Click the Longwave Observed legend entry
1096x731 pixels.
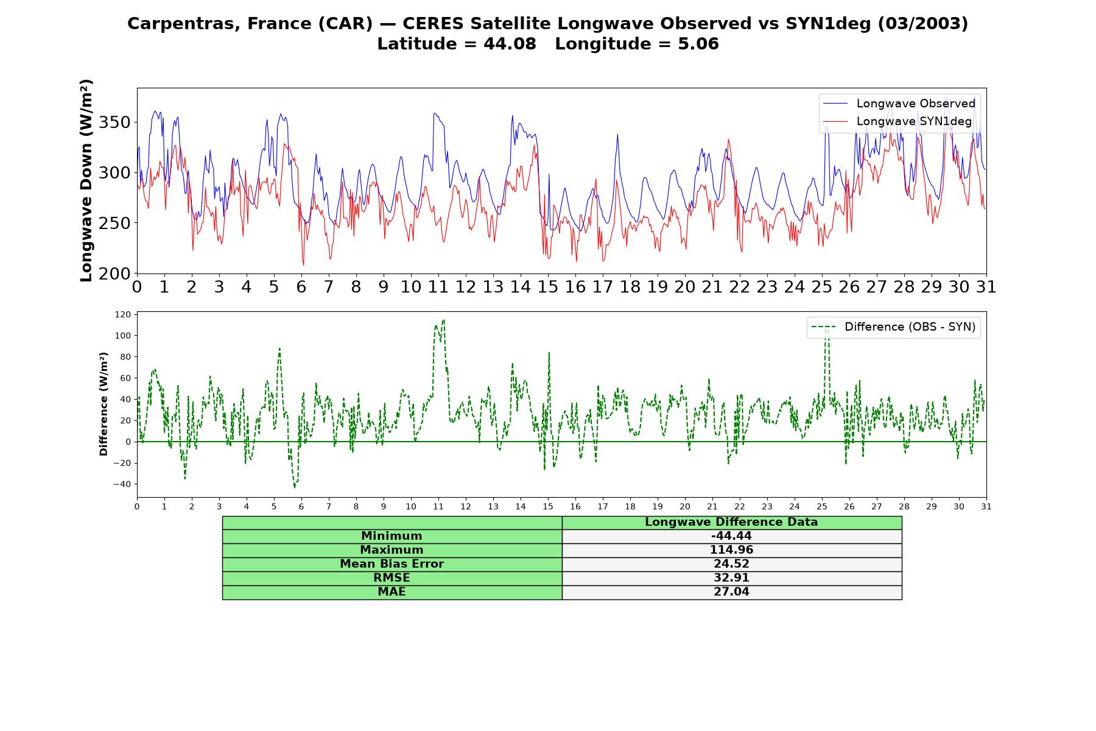899,104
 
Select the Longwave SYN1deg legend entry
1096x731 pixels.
897,121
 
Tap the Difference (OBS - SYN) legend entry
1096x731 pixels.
893,327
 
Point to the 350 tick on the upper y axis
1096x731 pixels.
114,122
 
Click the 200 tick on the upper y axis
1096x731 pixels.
114,274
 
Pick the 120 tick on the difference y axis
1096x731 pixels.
122,314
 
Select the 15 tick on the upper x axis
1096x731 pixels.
548,286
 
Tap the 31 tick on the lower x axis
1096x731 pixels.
986,506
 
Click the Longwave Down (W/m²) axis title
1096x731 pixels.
86,180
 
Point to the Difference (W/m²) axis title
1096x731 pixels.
104,404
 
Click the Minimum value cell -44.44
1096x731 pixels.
731,536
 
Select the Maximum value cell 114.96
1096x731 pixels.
731,550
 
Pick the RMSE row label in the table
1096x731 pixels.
392,578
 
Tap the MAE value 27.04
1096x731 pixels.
731,592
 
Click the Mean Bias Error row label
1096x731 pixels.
392,564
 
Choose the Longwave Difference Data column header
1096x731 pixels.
731,522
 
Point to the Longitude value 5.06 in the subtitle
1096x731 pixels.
698,44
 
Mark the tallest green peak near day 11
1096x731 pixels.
443,320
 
